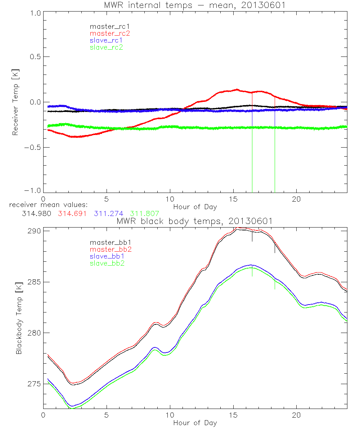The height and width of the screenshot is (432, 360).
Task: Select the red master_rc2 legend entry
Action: (110, 33)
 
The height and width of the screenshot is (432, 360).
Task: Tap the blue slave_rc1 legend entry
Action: (106, 40)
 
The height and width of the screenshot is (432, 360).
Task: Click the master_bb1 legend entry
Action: (107, 243)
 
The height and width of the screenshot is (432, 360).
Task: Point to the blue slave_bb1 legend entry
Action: (106, 257)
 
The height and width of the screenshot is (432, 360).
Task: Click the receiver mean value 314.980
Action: (36, 213)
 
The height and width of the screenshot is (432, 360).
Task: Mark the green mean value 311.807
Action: (145, 213)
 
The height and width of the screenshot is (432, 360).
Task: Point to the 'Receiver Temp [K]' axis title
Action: (15, 102)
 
